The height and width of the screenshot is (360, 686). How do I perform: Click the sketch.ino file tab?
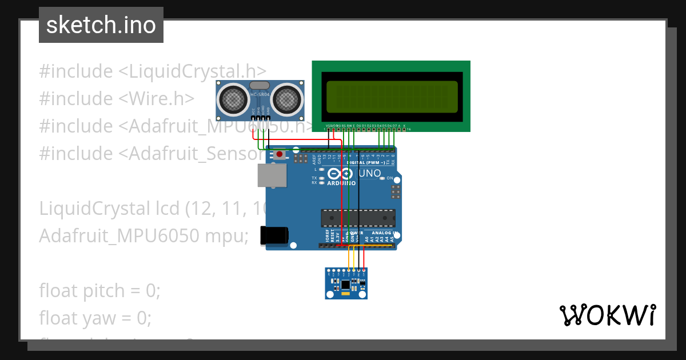coord(101,25)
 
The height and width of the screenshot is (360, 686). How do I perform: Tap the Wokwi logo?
coord(607,315)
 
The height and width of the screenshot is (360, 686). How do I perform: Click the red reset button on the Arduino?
coord(279,154)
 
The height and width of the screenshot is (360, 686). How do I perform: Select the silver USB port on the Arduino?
coord(272,175)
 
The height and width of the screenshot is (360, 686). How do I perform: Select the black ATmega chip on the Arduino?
coord(358,218)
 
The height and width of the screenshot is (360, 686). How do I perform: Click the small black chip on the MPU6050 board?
coord(345,284)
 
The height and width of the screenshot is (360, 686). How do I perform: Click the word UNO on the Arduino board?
coord(370,173)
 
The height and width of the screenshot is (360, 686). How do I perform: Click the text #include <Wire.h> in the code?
coord(117,99)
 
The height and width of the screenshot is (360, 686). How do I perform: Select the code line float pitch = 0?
coord(99,291)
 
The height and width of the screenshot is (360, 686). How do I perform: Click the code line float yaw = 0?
coord(95,318)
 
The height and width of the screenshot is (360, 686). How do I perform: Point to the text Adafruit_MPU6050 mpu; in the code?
coord(143,235)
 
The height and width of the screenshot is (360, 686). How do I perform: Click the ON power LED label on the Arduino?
coord(390,178)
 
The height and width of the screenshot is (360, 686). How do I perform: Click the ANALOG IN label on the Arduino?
coord(384,233)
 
